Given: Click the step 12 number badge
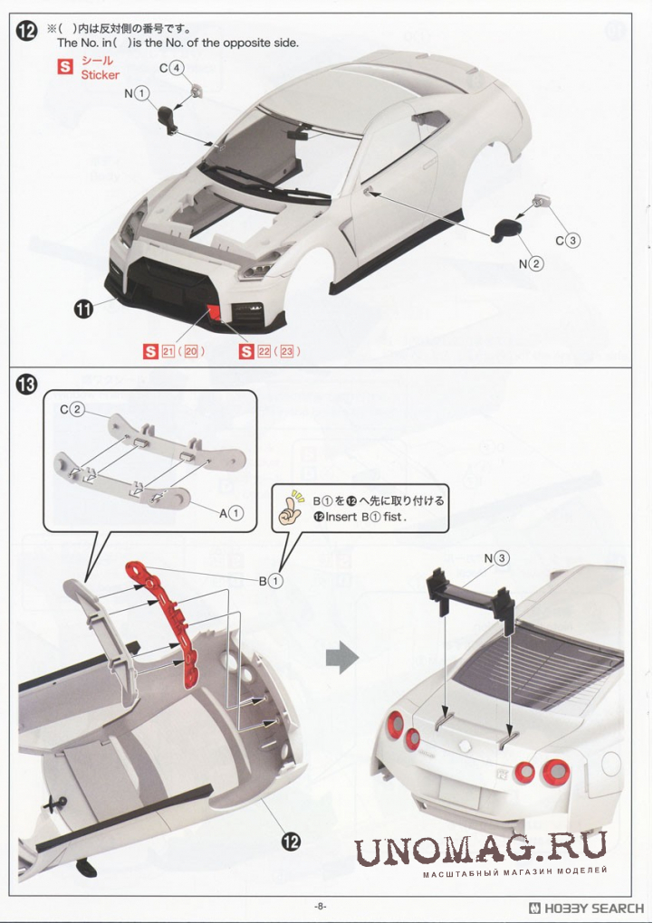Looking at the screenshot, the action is (26, 31).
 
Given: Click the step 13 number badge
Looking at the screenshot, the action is (26, 385).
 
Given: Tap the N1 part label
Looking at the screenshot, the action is (137, 93).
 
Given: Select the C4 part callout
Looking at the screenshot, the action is (171, 68).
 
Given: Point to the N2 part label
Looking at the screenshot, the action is (531, 263).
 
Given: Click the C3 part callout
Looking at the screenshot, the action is (568, 240).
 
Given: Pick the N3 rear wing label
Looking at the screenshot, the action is (497, 558).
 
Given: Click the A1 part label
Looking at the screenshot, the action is (231, 513).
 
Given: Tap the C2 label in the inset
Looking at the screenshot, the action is (72, 410).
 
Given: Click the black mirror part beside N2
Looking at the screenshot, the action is (506, 230).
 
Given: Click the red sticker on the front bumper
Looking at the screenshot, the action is (214, 312).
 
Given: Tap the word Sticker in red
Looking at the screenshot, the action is (101, 75).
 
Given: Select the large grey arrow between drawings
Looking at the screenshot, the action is (341, 657).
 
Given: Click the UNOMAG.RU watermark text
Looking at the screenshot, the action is (480, 848).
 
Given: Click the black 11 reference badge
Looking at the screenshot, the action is (83, 308).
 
